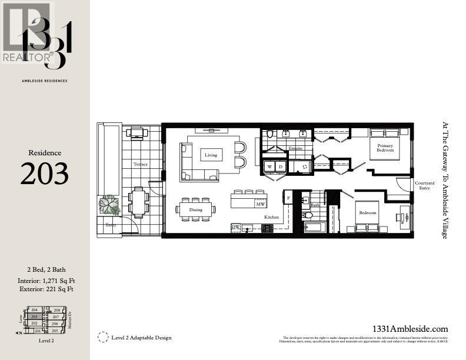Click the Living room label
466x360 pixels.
point(211,155)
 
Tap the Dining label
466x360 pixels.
point(195,209)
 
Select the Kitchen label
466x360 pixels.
point(271,218)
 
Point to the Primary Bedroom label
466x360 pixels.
point(385,147)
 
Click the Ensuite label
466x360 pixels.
point(295,149)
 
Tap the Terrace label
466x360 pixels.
point(140,164)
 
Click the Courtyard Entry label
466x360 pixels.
point(423,186)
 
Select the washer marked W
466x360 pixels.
point(270,167)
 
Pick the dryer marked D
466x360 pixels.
point(280,167)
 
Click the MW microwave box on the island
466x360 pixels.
point(260,204)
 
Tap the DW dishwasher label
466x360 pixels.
point(235,227)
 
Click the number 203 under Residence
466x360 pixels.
point(45,174)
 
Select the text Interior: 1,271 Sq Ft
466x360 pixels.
point(45,281)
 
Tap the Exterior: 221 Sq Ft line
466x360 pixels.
point(45,289)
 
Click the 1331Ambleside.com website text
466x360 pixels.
point(411,329)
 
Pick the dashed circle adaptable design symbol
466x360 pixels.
point(104,337)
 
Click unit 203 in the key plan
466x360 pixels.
point(35,316)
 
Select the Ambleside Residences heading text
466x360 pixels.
point(45,81)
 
